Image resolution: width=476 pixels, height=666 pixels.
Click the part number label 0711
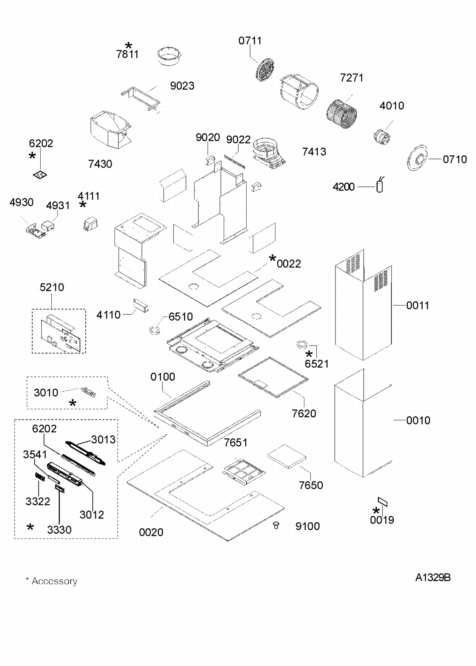(250, 41)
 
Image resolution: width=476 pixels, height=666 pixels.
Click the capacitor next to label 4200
(380, 186)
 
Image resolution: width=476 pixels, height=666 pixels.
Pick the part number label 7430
(100, 164)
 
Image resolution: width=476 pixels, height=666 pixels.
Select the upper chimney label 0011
(418, 305)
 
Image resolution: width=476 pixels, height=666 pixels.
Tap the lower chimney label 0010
(418, 421)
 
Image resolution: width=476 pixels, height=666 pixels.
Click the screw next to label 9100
(276, 526)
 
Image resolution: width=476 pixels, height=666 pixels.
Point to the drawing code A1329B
(433, 578)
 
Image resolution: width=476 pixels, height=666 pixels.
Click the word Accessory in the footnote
(54, 581)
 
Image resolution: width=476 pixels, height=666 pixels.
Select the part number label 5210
(52, 287)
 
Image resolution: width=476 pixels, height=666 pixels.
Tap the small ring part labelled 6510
(155, 330)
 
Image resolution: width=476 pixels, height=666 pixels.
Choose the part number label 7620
(304, 414)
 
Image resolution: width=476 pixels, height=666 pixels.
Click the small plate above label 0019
(383, 502)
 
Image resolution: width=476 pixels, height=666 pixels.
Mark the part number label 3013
(103, 440)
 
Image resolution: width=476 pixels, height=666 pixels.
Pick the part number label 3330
(59, 530)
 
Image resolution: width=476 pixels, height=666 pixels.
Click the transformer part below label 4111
(91, 224)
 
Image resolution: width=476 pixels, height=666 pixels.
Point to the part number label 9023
(182, 86)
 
